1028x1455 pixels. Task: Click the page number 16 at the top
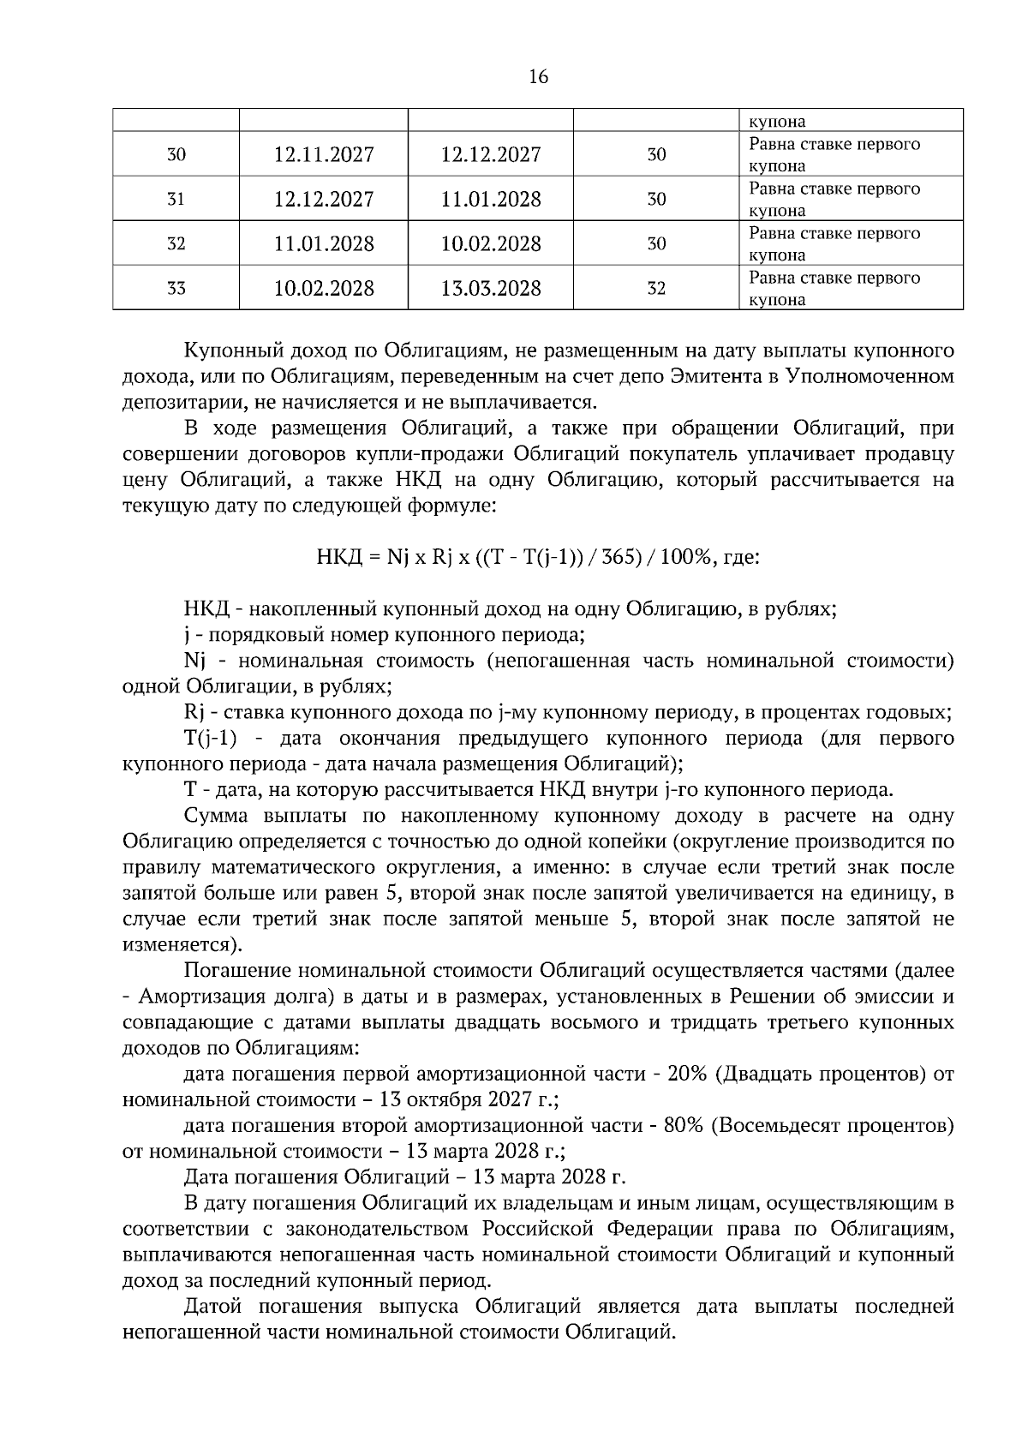click(x=538, y=77)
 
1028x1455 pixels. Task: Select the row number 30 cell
click(x=176, y=155)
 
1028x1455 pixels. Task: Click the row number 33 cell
click(x=176, y=289)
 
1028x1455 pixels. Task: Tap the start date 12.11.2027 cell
click(x=324, y=155)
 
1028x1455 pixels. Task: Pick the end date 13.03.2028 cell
click(x=491, y=289)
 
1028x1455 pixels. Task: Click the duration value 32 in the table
click(x=656, y=289)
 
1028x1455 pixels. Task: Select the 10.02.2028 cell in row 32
click(x=491, y=244)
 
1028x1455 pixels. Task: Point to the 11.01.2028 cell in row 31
click(x=491, y=200)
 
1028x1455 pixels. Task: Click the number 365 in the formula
click(x=620, y=557)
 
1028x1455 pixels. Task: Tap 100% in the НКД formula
click(x=686, y=557)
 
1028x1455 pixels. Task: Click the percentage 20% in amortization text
click(x=685, y=1075)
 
